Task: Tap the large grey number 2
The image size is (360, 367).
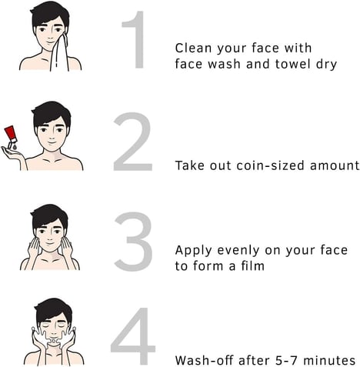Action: (133, 142)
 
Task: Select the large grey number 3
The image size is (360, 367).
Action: (133, 242)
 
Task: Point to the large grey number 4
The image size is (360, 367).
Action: (133, 336)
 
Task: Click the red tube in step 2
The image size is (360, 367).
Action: (11, 135)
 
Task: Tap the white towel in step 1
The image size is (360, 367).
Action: (59, 53)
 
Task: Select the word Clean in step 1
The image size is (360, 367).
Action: (193, 48)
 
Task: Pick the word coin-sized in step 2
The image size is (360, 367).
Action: (271, 165)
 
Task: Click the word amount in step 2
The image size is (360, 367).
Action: (335, 165)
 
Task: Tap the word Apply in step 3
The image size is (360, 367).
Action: (194, 251)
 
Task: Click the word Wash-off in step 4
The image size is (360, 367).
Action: (205, 360)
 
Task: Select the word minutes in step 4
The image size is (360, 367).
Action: (329, 360)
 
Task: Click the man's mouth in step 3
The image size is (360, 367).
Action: (50, 243)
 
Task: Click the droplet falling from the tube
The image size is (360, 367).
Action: (15, 147)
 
